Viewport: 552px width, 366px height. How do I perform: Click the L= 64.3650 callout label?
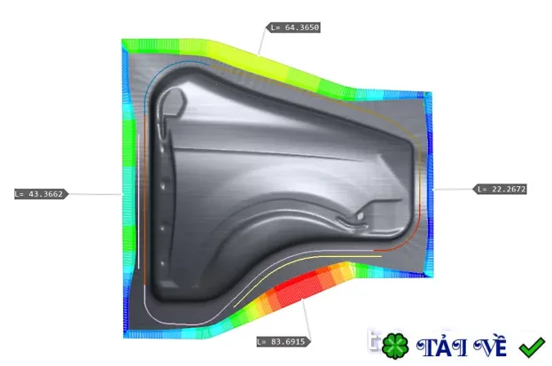tap(293, 27)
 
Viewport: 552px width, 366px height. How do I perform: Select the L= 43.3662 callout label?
tap(41, 194)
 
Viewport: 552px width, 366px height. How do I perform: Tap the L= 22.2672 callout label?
tap(500, 189)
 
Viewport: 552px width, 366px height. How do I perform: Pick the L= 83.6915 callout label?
tap(284, 342)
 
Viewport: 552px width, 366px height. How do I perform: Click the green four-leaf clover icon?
tap(395, 346)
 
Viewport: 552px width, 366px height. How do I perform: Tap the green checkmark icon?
tap(532, 347)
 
